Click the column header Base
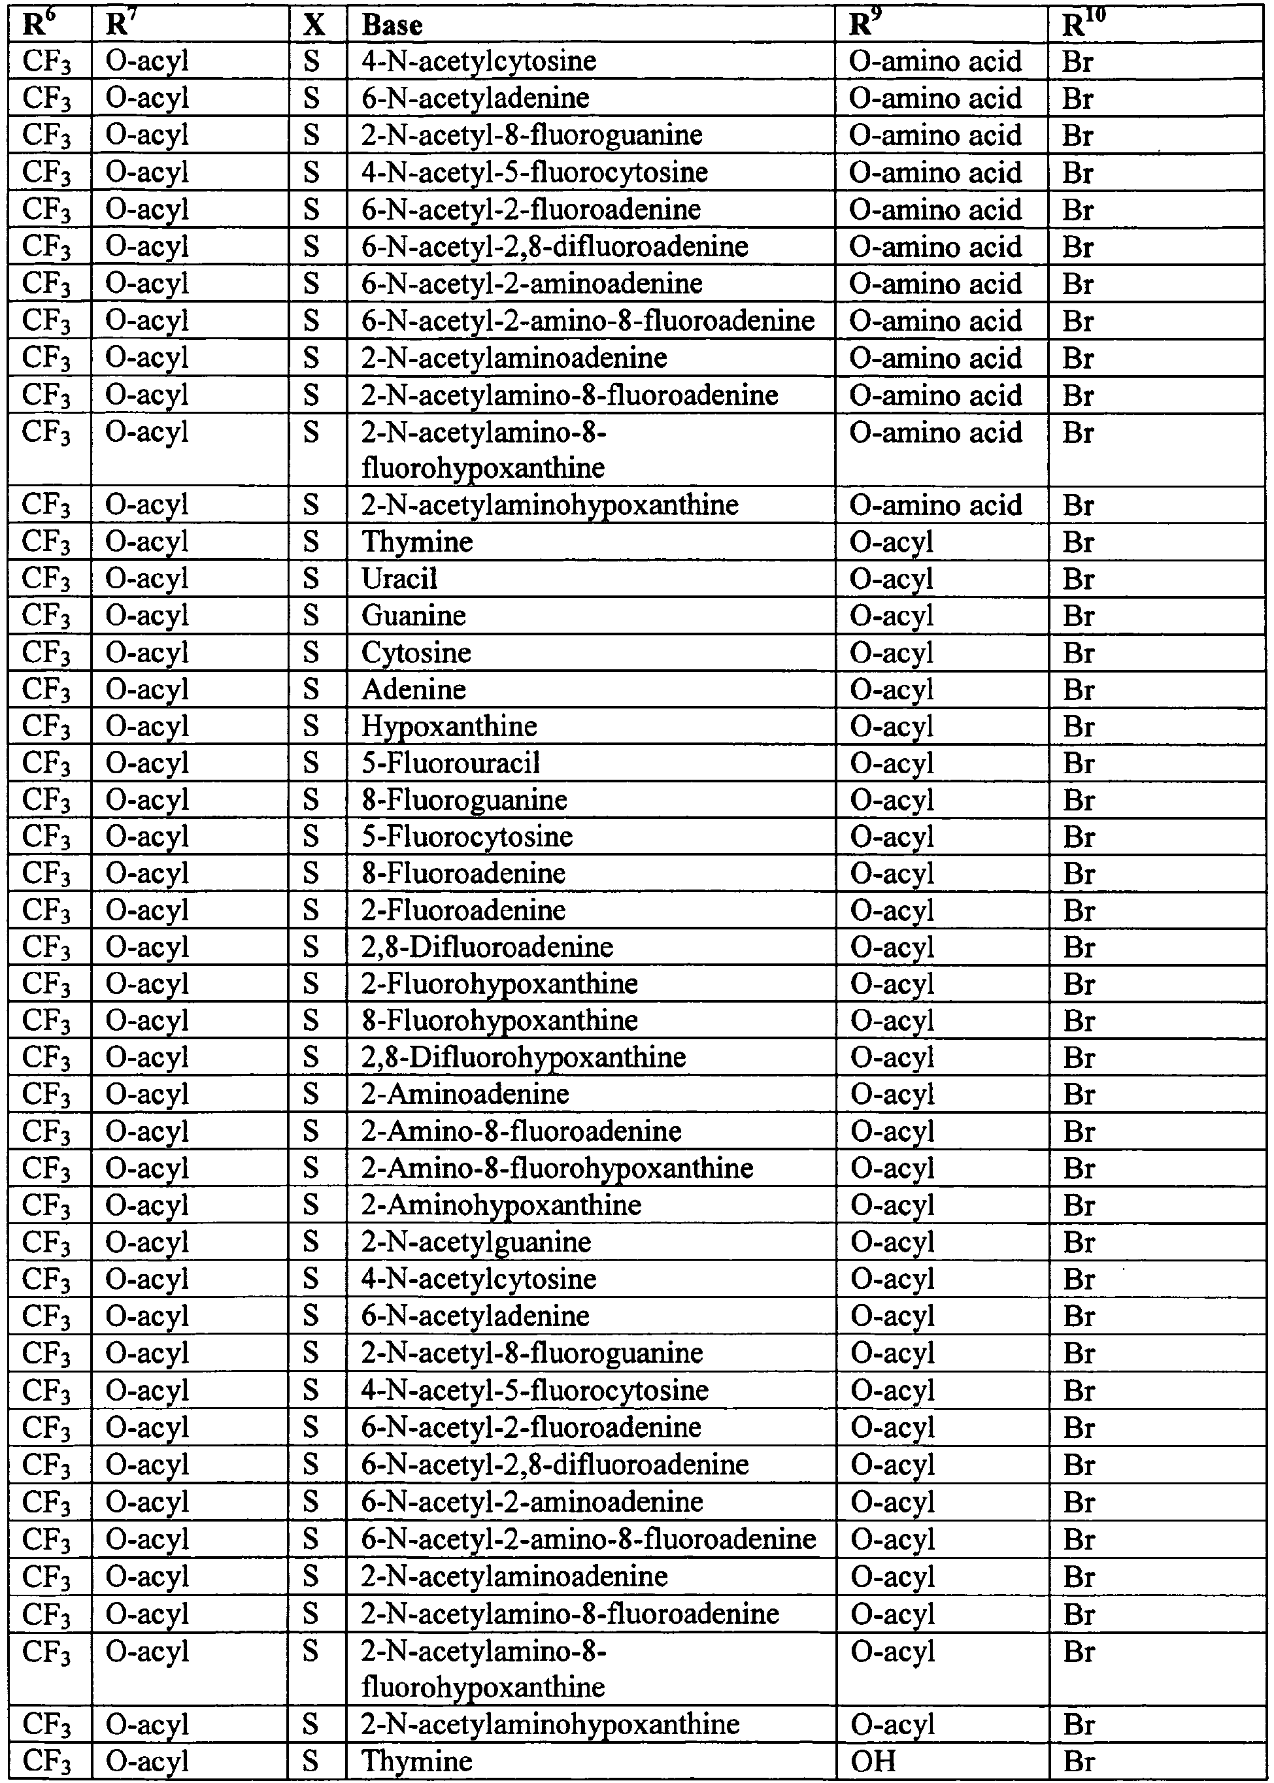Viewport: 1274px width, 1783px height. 392,26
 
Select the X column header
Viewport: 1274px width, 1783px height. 314,26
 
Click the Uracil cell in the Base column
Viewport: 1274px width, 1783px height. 399,579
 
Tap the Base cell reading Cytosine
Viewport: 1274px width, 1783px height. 416,653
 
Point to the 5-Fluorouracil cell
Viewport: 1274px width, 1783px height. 450,763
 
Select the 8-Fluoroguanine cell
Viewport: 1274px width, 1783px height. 463,800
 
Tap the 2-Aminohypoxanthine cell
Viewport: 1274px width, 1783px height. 501,1205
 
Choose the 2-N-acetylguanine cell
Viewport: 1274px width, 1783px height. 476,1242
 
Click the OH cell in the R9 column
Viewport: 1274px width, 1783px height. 873,1761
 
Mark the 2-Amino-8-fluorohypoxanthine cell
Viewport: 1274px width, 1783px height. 557,1168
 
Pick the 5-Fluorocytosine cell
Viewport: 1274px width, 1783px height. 467,837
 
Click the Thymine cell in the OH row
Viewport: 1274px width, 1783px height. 416,1761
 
